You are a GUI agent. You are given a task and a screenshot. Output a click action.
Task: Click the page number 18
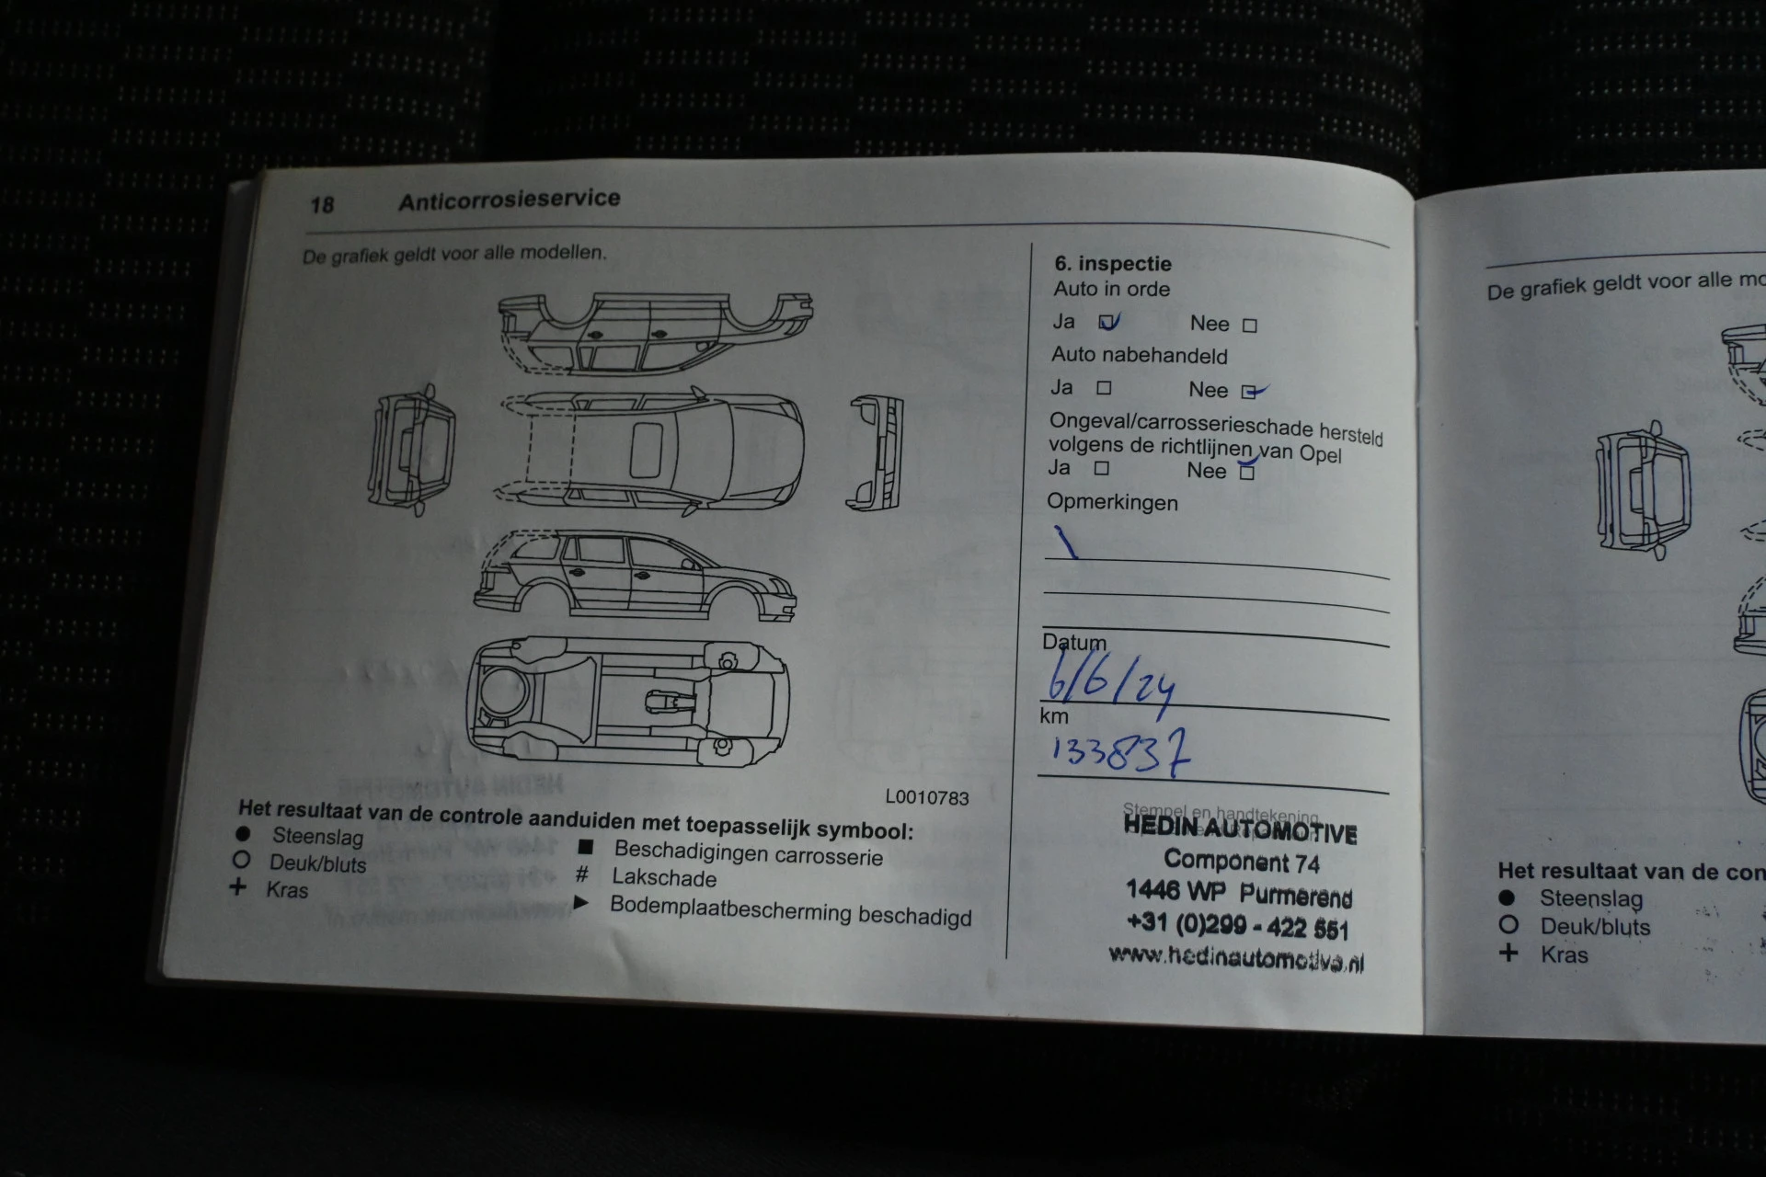tap(322, 204)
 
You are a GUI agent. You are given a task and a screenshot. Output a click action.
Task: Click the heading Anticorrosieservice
tap(509, 200)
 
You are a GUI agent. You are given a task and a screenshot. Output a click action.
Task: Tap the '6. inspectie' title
tap(1112, 264)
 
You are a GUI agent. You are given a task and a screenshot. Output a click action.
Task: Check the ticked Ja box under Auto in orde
tap(1107, 322)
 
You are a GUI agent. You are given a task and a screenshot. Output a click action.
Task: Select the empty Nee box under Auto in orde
tap(1249, 326)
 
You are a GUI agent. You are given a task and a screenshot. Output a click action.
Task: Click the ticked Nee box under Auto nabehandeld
tap(1249, 392)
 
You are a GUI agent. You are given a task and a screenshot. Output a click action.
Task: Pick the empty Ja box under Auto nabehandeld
tap(1104, 388)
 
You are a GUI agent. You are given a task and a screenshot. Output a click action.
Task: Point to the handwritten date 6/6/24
tap(1110, 682)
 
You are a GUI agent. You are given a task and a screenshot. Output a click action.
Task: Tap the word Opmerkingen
tap(1112, 503)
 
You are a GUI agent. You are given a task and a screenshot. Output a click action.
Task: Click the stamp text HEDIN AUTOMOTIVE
tap(1240, 830)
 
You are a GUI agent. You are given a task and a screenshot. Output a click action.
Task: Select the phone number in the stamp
tap(1237, 925)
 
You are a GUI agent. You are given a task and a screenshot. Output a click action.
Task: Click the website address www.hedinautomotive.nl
tap(1235, 958)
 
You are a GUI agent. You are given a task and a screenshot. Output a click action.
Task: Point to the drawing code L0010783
tap(926, 798)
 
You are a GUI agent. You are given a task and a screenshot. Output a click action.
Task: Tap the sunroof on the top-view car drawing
tap(646, 450)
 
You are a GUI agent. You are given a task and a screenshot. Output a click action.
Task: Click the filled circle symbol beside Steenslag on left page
tap(243, 834)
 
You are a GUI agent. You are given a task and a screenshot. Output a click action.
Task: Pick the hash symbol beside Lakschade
tap(582, 874)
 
